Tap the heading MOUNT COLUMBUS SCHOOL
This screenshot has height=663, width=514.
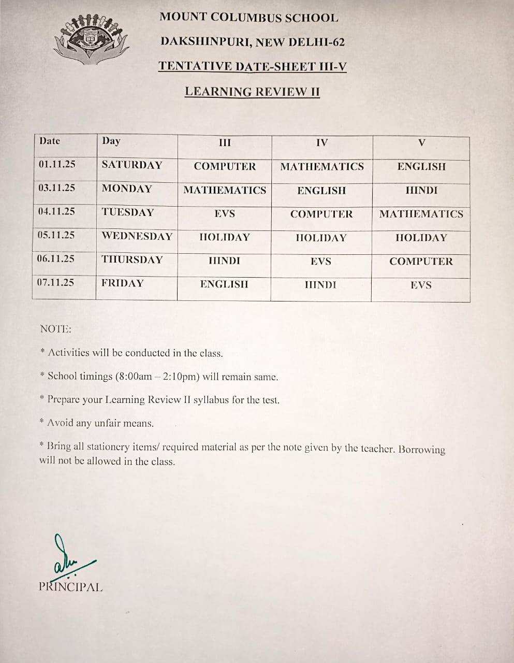(248, 17)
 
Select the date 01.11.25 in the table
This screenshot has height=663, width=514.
(57, 164)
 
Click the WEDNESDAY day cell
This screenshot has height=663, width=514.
(137, 236)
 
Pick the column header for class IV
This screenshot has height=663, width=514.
(321, 142)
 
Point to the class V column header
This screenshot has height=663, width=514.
(421, 142)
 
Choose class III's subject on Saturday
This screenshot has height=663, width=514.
(225, 167)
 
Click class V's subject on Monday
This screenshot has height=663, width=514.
(421, 191)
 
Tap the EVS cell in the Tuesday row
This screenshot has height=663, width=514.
(225, 214)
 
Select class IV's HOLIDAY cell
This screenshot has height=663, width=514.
(321, 238)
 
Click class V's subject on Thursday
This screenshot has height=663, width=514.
(421, 262)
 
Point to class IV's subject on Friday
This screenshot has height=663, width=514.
(320, 285)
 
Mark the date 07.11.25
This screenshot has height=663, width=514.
(55, 282)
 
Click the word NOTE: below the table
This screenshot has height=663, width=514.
(55, 329)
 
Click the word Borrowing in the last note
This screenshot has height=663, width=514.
(421, 449)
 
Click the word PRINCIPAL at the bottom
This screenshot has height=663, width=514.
(71, 587)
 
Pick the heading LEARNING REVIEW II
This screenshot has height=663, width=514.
(252, 92)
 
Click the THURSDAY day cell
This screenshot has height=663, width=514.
(132, 260)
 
